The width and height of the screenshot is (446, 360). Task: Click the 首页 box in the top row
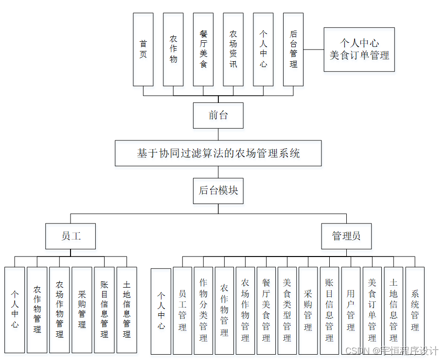(143, 49)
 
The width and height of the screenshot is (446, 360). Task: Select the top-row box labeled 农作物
(173, 49)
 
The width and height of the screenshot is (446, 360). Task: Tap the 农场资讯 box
(233, 49)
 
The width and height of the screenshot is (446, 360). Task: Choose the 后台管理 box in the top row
(293, 49)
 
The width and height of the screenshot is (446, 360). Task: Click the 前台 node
(218, 115)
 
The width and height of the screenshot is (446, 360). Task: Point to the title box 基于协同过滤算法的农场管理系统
(218, 154)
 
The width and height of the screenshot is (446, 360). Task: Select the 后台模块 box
(218, 190)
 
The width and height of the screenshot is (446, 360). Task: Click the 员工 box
(71, 236)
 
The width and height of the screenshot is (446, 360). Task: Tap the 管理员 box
(346, 236)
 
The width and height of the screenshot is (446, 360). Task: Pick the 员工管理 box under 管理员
(182, 310)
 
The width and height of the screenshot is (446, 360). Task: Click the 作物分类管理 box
(203, 310)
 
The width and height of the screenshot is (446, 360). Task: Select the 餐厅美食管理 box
(266, 310)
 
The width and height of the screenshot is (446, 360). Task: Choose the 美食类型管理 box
(287, 310)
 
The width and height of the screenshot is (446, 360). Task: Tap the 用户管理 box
(351, 310)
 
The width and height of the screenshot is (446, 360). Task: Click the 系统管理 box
(415, 310)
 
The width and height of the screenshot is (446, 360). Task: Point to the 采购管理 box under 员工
(82, 309)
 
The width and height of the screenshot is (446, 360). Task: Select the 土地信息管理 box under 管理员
(393, 310)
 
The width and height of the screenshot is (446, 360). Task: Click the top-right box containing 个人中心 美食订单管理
(359, 49)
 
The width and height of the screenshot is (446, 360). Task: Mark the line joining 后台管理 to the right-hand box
(314, 49)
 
